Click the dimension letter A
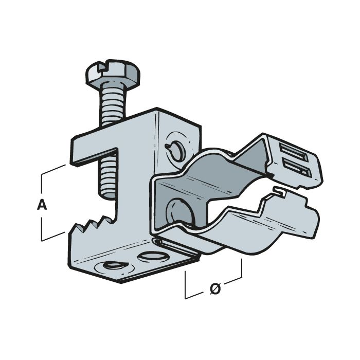pyautogui.click(x=42, y=206)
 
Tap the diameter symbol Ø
pyautogui.click(x=216, y=290)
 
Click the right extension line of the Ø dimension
pyautogui.click(x=241, y=273)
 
